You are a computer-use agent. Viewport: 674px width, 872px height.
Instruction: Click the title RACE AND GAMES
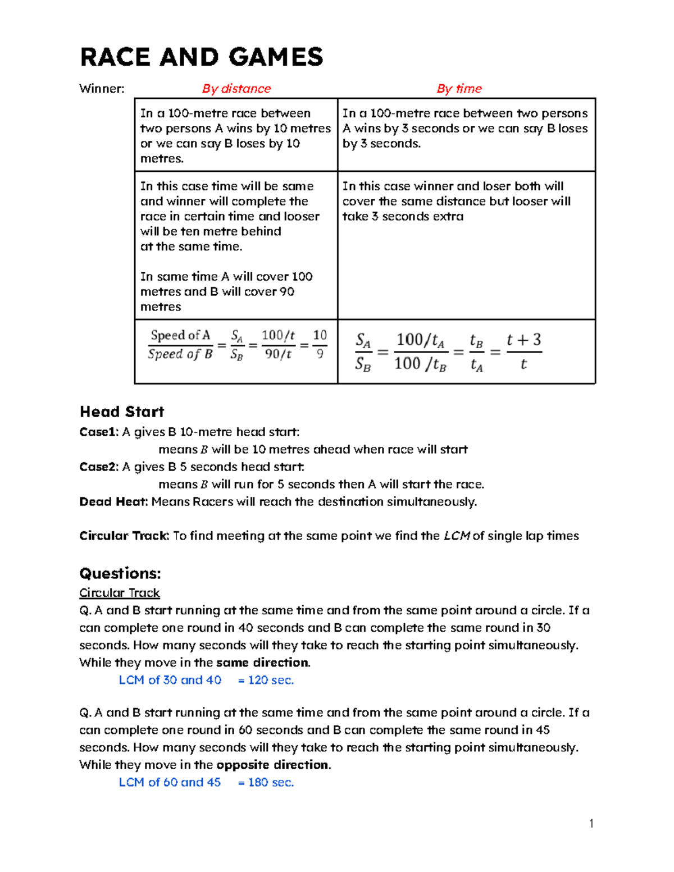point(201,57)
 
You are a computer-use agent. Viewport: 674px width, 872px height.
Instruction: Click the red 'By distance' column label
point(236,89)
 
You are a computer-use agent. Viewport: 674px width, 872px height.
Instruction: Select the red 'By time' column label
point(459,89)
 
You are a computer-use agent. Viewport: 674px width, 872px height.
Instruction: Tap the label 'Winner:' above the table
point(102,89)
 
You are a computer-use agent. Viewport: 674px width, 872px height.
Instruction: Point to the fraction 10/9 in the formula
point(320,344)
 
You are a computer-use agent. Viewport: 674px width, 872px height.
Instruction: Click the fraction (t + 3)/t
point(523,351)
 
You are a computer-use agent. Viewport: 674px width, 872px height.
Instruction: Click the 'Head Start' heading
point(122,412)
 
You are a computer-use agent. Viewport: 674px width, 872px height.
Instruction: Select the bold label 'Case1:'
point(99,432)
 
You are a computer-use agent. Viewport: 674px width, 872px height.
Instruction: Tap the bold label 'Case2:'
point(99,467)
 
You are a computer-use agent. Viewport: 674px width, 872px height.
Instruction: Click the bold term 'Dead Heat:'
point(113,501)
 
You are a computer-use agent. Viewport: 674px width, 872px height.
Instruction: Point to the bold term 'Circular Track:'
point(124,536)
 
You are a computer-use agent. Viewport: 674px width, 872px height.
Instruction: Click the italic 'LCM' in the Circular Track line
point(457,536)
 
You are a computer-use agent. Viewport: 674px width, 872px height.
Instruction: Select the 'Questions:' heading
point(120,573)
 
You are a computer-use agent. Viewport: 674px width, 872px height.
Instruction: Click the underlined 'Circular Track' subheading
point(119,593)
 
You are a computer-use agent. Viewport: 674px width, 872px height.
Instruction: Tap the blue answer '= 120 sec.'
point(266,680)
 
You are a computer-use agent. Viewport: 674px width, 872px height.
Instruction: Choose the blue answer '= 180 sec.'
point(266,782)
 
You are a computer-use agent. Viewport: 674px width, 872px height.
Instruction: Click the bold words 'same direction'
point(262,663)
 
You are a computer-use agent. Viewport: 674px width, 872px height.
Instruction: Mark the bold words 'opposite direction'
point(273,765)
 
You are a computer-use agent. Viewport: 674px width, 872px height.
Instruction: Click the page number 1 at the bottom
point(591,824)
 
